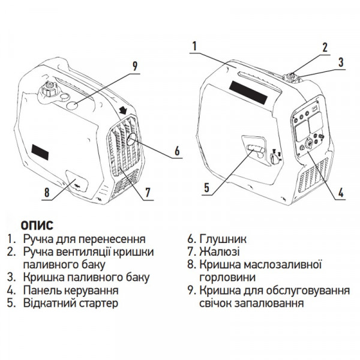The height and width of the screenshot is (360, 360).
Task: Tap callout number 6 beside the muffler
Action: click(x=177, y=151)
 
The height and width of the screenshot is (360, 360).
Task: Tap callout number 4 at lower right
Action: click(x=341, y=193)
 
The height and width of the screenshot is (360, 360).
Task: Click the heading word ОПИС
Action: click(x=37, y=226)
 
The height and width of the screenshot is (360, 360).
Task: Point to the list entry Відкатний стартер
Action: click(x=70, y=303)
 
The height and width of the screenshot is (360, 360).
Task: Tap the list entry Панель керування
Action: click(x=70, y=290)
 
